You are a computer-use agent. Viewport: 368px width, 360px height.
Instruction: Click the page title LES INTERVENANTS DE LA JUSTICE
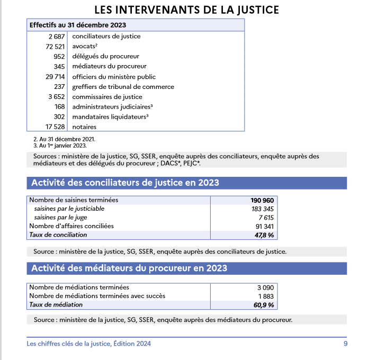[186, 10]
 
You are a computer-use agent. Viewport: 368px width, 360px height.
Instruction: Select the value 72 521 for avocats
[55, 47]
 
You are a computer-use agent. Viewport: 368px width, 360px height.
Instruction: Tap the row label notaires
[84, 127]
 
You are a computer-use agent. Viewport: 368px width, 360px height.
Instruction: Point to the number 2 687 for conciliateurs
[56, 37]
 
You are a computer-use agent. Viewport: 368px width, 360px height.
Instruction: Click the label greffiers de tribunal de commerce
[123, 87]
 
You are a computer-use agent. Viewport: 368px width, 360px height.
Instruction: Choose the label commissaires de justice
[107, 97]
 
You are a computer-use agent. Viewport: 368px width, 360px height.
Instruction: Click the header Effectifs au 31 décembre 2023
[77, 25]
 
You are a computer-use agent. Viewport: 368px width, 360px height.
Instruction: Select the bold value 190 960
[262, 201]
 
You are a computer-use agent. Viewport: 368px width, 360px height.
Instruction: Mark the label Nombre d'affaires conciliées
[71, 226]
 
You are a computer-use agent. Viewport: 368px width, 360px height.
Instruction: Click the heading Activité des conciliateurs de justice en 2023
[125, 183]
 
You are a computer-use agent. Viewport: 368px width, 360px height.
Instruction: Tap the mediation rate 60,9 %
[264, 305]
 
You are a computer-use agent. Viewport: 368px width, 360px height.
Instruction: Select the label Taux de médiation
[56, 305]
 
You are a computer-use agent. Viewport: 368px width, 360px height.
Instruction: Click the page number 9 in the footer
[345, 344]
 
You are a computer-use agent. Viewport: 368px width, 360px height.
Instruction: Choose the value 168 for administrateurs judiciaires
[59, 107]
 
